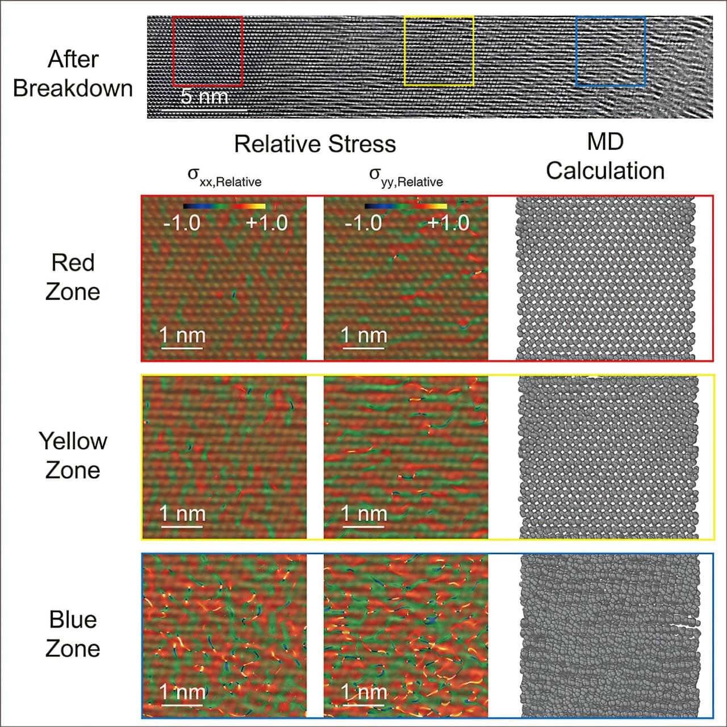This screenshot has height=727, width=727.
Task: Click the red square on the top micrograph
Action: (208, 51)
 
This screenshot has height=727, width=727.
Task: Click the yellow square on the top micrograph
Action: (439, 51)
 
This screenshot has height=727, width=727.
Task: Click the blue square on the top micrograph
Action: (611, 51)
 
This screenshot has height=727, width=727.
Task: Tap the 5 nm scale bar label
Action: (204, 97)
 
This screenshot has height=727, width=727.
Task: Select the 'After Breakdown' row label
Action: (73, 74)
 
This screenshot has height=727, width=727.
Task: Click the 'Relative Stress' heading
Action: (315, 144)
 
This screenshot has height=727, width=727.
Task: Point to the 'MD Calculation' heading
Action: (605, 156)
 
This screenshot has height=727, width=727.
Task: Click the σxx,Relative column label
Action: (224, 176)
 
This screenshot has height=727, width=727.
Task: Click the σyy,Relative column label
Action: (406, 176)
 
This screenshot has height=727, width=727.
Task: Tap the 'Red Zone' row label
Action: (73, 277)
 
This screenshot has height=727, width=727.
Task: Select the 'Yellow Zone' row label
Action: (73, 456)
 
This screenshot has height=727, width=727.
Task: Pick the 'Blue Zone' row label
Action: (73, 634)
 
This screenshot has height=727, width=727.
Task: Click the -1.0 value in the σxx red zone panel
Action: (182, 223)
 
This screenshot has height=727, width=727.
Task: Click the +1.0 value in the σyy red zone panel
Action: (448, 223)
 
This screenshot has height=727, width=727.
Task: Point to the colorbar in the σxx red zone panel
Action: (224, 206)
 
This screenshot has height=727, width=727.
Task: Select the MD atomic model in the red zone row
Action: (605, 278)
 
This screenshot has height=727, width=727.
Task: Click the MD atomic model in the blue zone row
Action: (610, 636)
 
